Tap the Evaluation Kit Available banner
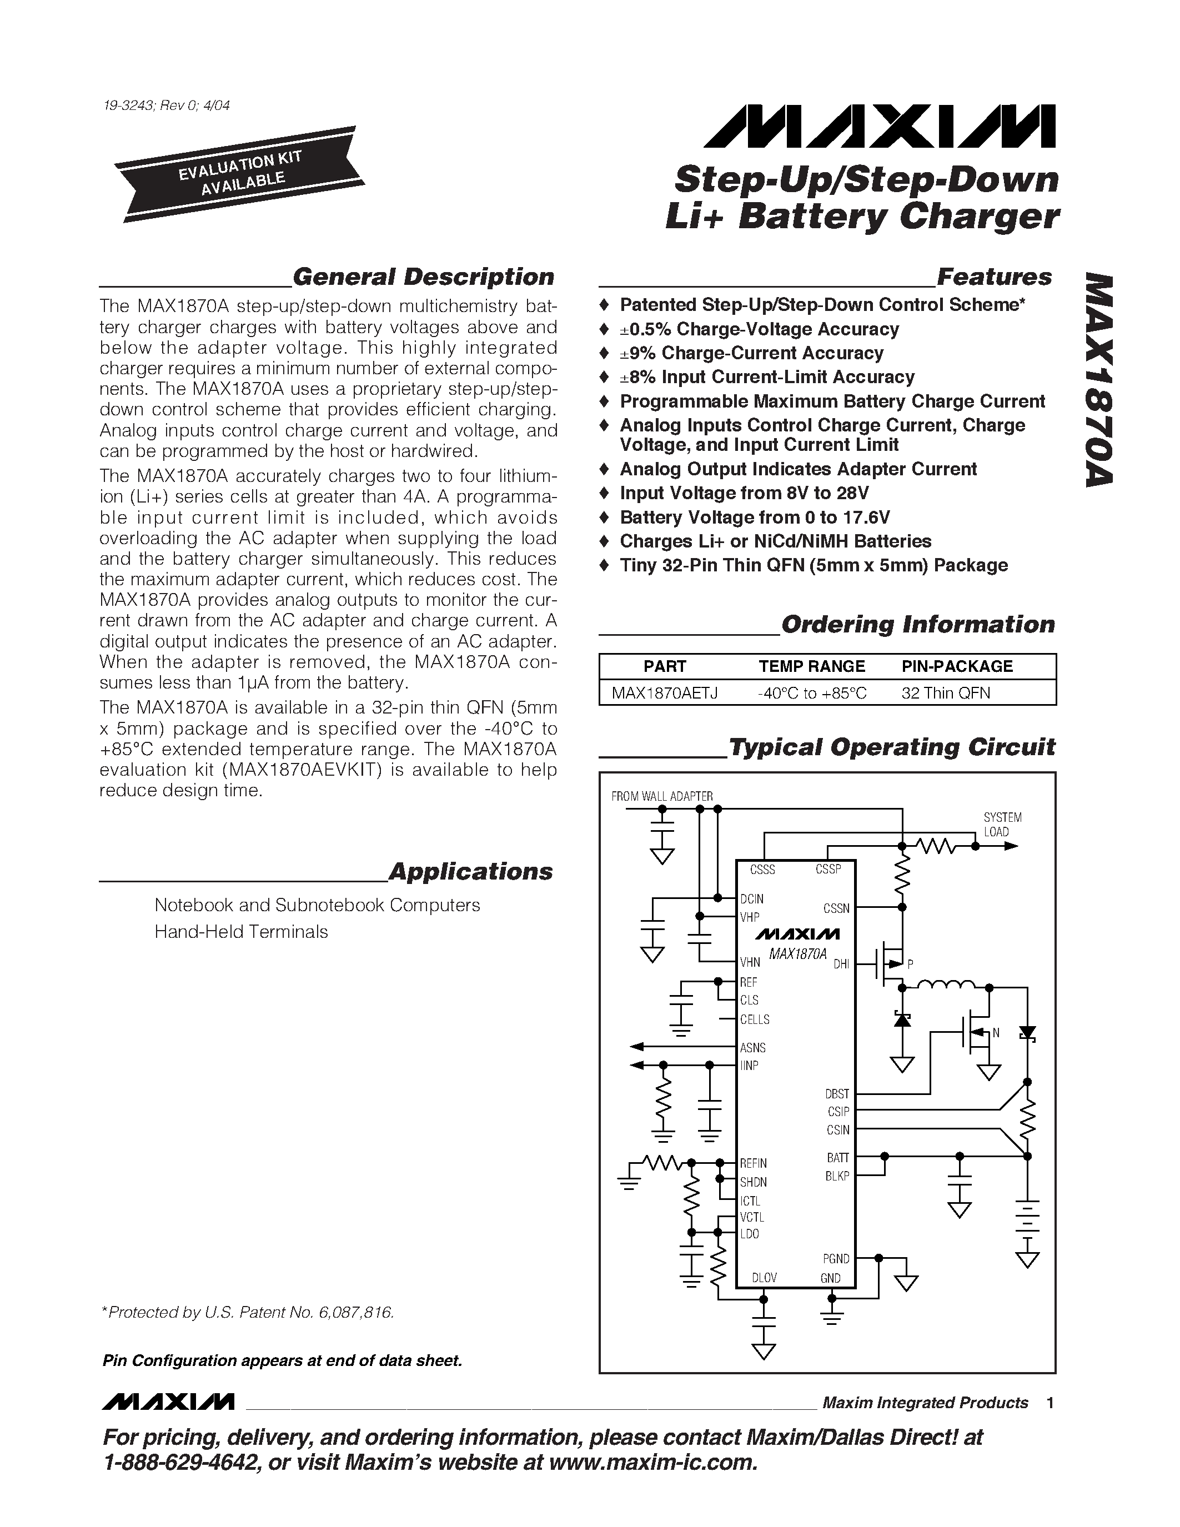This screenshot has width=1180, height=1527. [x=240, y=173]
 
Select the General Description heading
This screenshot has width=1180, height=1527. [x=423, y=277]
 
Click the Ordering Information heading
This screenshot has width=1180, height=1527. [x=917, y=624]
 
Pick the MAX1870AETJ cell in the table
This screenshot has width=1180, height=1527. [x=664, y=693]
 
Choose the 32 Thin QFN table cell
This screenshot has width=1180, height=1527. [x=945, y=693]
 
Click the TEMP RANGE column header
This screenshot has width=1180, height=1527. [x=812, y=666]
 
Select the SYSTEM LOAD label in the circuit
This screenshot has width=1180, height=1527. [x=1002, y=825]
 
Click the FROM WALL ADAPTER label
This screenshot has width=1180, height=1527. [x=661, y=796]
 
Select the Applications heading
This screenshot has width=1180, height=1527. [x=470, y=872]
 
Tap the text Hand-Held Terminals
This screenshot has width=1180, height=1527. [x=241, y=932]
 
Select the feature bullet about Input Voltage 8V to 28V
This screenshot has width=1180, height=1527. [x=744, y=493]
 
